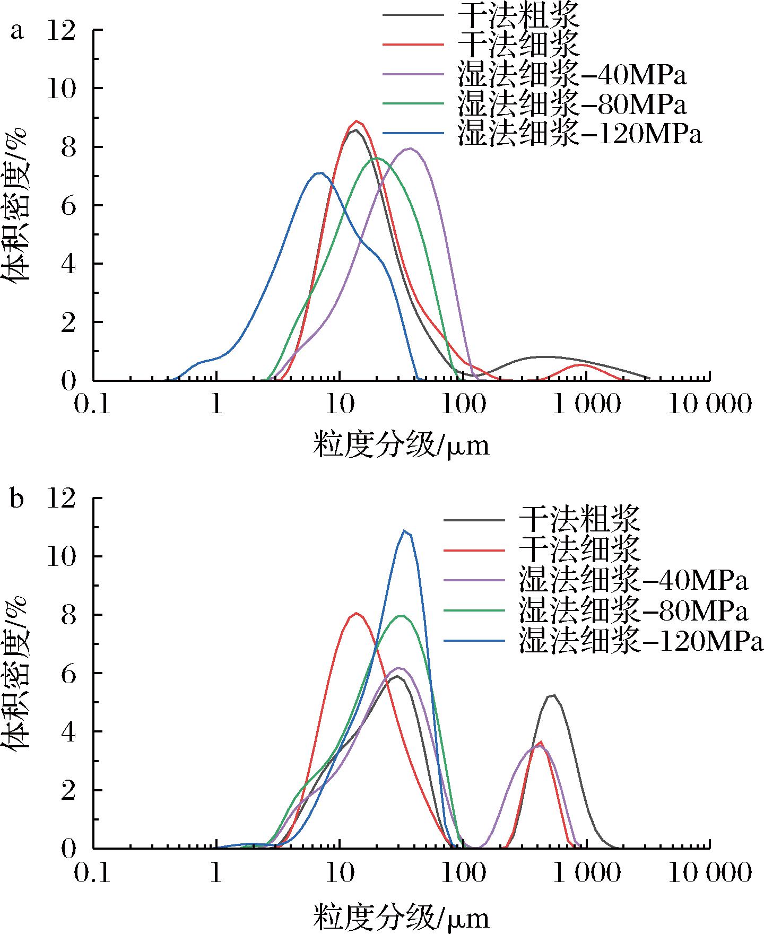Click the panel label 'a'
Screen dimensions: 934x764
(18, 33)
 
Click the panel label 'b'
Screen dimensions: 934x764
(18, 500)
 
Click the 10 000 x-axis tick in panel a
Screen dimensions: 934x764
(709, 405)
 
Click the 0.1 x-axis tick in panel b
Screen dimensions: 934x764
(93, 872)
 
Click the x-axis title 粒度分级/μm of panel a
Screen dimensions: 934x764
(401, 444)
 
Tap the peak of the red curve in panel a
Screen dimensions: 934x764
(357, 121)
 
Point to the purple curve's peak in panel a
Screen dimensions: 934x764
(409, 149)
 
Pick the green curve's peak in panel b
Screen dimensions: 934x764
(402, 616)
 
